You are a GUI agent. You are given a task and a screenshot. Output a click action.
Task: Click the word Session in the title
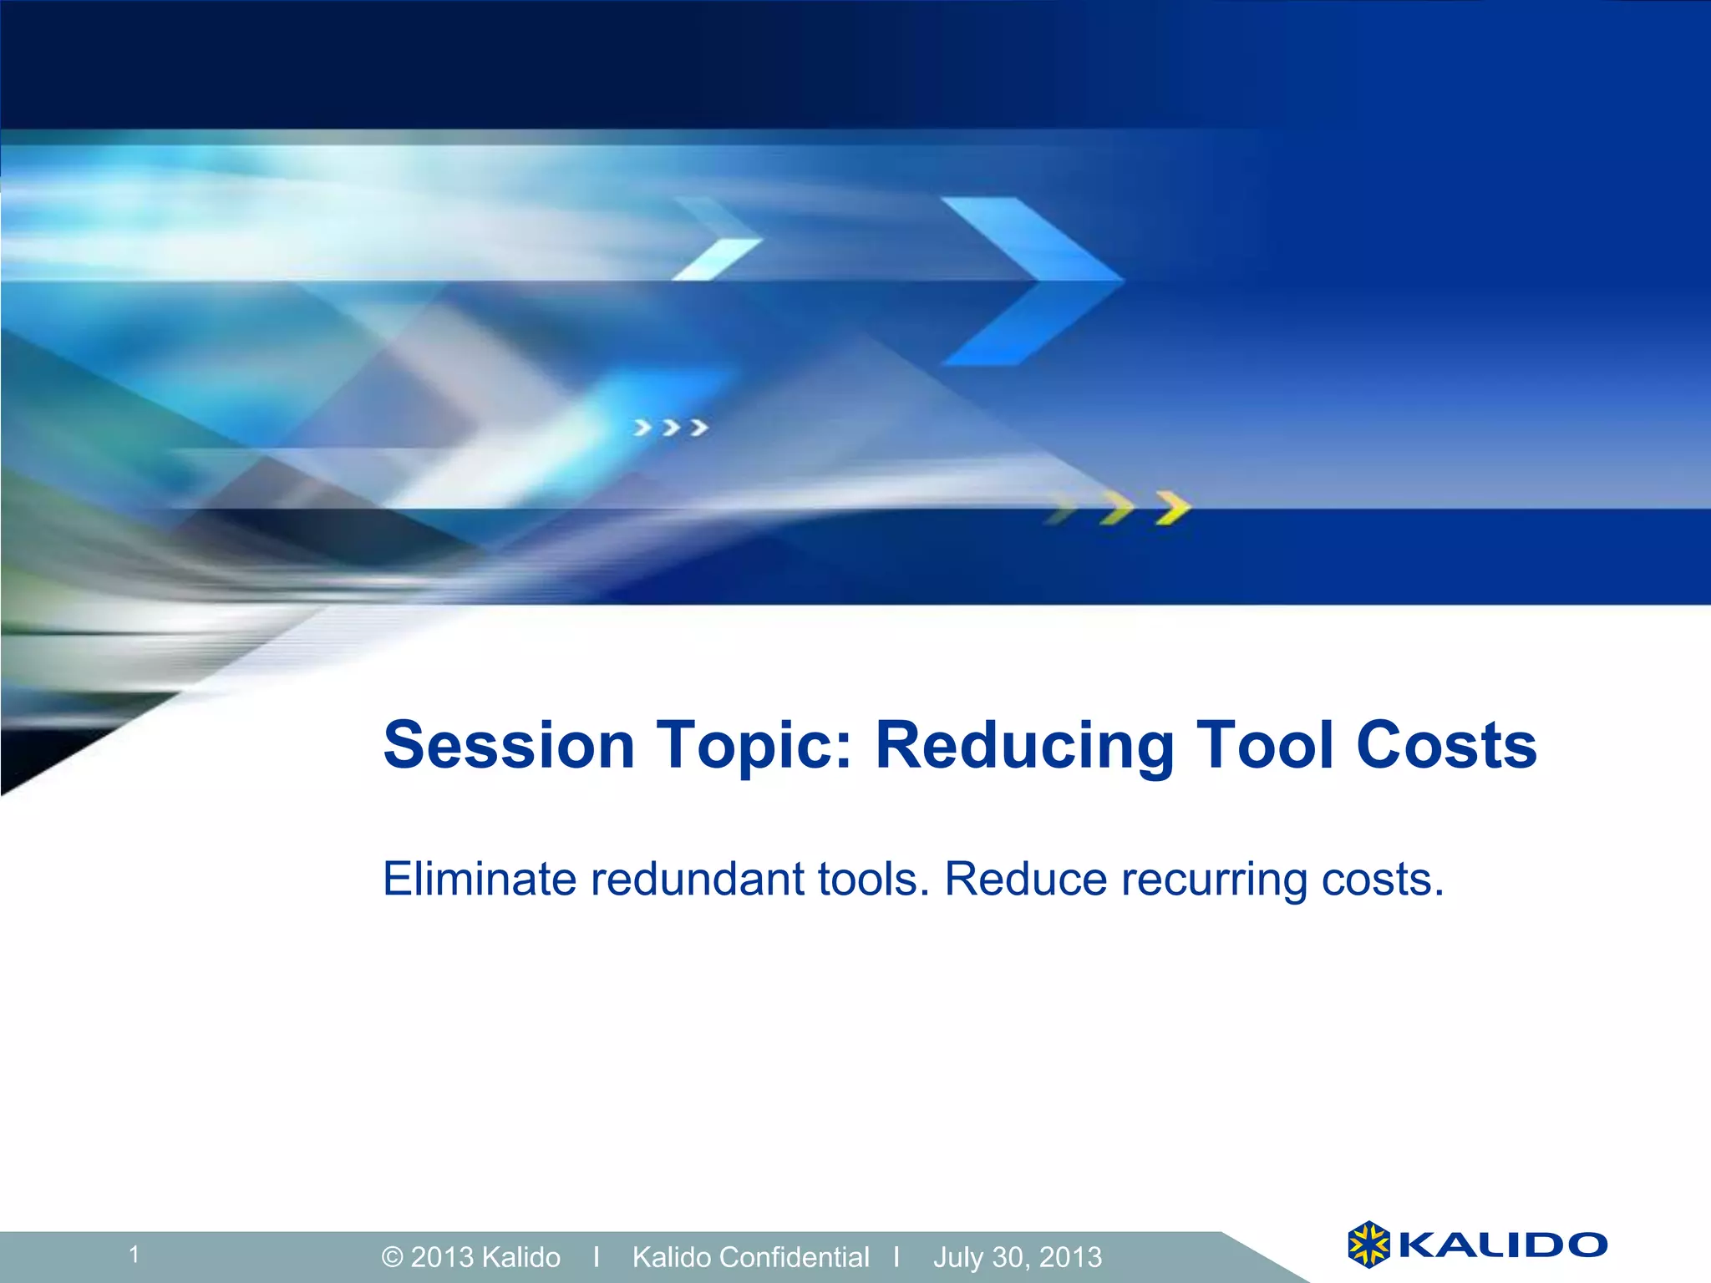pos(510,744)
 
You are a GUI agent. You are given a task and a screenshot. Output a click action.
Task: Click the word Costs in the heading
pos(1446,744)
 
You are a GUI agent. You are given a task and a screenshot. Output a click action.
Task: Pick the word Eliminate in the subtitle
pos(480,879)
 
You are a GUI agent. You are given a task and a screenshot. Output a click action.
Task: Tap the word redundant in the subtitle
pos(697,879)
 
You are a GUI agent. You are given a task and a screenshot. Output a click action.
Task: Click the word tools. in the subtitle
pos(874,879)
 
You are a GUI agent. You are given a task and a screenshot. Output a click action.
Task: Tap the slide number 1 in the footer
pos(134,1254)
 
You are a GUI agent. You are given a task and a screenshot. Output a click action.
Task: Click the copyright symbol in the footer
pos(393,1257)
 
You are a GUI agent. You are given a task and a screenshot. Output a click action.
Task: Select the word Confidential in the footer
pos(795,1256)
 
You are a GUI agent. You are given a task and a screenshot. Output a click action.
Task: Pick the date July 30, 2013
pos(1018,1257)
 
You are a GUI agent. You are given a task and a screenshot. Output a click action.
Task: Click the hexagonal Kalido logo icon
pos(1368,1244)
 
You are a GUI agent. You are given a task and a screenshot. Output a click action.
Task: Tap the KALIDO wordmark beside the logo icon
pos(1502,1245)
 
